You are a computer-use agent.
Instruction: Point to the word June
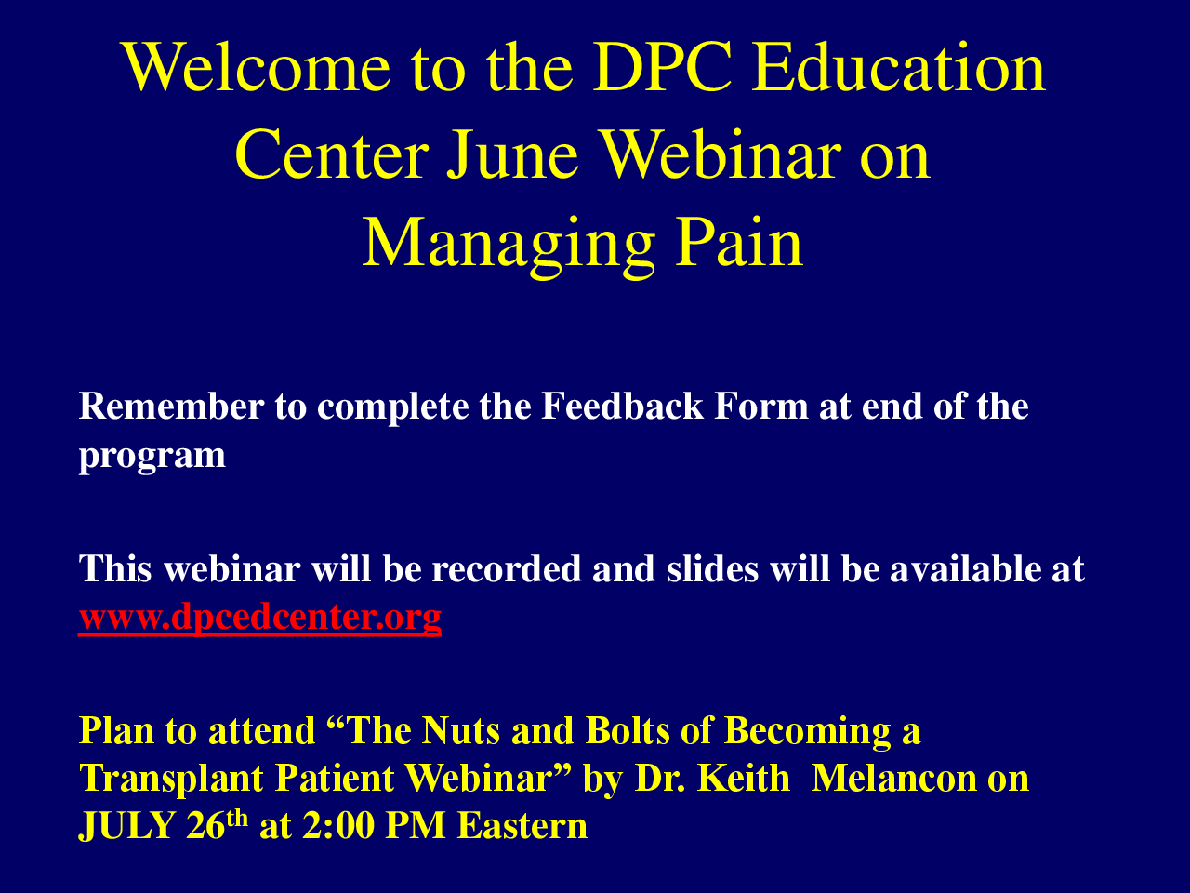pos(512,155)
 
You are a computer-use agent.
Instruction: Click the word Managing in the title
pos(509,247)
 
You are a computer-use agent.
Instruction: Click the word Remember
pos(171,407)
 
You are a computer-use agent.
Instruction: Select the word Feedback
pos(622,406)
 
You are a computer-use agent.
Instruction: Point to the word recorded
pos(507,568)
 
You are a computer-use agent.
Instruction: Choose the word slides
pos(712,568)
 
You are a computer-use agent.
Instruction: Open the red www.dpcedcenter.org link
pos(260,618)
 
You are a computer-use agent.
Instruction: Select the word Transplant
pos(171,779)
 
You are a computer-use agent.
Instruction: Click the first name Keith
pos(744,779)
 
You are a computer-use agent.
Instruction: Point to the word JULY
pos(126,826)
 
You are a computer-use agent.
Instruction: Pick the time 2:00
pos(338,826)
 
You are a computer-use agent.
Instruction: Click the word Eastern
pos(522,826)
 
